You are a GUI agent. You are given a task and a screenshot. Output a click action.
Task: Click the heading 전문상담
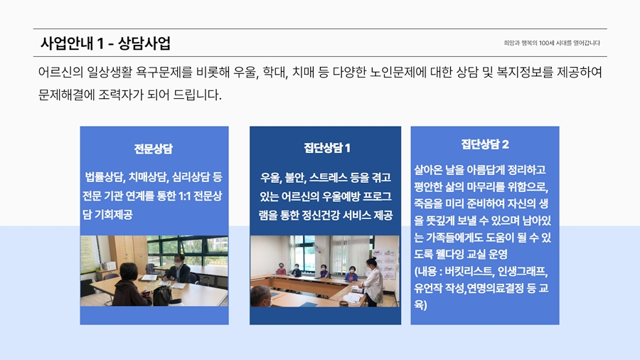154,149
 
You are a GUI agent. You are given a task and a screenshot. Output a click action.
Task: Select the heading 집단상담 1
327,148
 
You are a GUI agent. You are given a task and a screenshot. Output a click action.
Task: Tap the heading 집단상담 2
485,144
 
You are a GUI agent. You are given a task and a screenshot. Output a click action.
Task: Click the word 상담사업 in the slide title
144,43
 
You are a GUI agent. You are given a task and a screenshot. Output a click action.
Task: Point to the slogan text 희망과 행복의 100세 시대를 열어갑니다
552,43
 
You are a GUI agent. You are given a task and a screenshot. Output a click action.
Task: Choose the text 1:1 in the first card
185,196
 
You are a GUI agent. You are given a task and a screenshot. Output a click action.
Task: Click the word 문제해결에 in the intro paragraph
67,95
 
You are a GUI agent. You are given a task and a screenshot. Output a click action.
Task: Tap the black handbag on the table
162,295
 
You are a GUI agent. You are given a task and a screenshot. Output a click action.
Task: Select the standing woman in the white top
372,282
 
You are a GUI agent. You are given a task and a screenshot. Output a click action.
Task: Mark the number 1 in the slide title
100,43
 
